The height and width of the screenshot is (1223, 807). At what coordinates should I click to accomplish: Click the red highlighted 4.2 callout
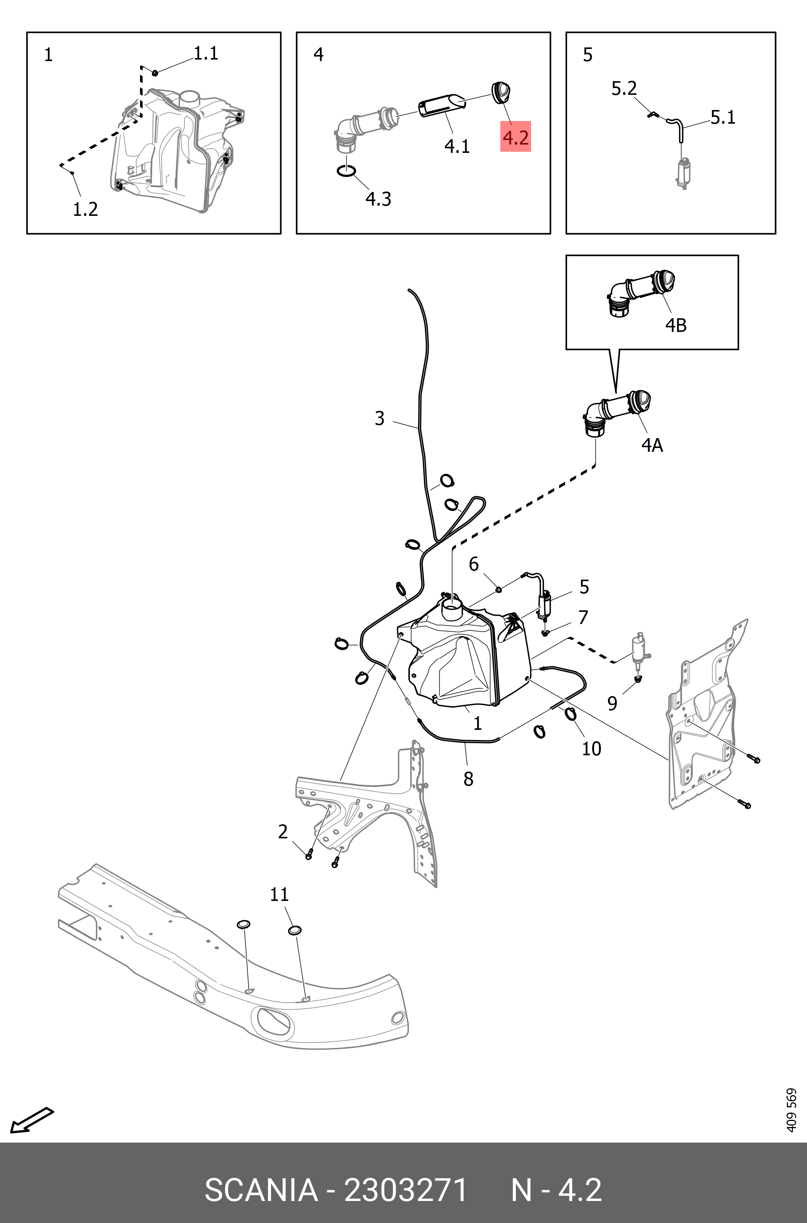pyautogui.click(x=515, y=137)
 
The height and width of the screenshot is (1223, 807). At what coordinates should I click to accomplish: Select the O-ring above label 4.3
pyautogui.click(x=346, y=171)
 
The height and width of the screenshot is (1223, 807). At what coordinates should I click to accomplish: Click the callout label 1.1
pyautogui.click(x=206, y=53)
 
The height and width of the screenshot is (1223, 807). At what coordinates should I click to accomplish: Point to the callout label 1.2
pyautogui.click(x=85, y=209)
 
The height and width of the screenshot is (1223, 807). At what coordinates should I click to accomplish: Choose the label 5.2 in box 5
pyautogui.click(x=624, y=88)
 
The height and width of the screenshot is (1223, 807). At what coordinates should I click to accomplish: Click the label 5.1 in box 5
pyautogui.click(x=723, y=117)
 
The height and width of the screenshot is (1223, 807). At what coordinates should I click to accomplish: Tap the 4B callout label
pyautogui.click(x=676, y=325)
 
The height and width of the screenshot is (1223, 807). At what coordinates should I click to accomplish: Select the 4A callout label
pyautogui.click(x=652, y=445)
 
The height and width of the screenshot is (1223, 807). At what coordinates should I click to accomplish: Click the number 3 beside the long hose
pyautogui.click(x=379, y=418)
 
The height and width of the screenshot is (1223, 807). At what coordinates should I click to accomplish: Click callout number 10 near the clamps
pyautogui.click(x=591, y=749)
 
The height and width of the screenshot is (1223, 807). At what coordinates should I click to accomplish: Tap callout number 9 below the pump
pyautogui.click(x=612, y=703)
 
